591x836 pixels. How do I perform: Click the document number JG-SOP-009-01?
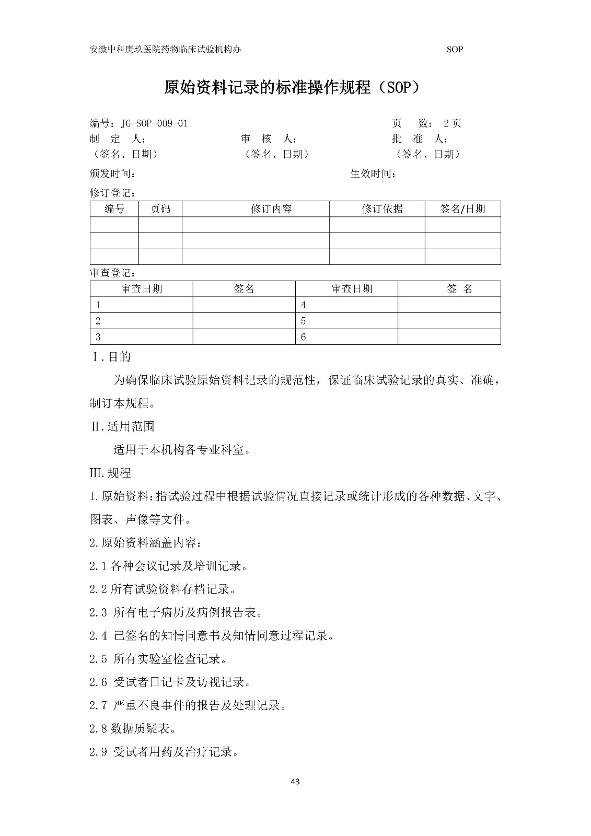click(154, 124)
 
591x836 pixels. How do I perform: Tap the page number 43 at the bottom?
click(295, 782)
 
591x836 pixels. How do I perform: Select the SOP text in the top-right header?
click(455, 50)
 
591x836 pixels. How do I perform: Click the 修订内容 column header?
click(271, 209)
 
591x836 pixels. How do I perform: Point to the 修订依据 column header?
click(382, 209)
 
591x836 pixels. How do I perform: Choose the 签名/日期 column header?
click(462, 209)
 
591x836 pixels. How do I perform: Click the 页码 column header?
click(160, 209)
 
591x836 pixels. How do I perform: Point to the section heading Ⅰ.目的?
click(111, 357)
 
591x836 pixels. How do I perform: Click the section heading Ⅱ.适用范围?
click(123, 426)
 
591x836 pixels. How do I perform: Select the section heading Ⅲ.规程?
click(111, 473)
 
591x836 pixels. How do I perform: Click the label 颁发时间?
click(113, 174)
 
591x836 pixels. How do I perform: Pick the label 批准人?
click(420, 139)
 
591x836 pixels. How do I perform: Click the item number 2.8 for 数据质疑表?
click(99, 728)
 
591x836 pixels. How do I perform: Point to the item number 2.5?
click(98, 659)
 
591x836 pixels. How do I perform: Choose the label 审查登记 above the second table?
click(113, 273)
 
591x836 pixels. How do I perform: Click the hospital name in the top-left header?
click(166, 50)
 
